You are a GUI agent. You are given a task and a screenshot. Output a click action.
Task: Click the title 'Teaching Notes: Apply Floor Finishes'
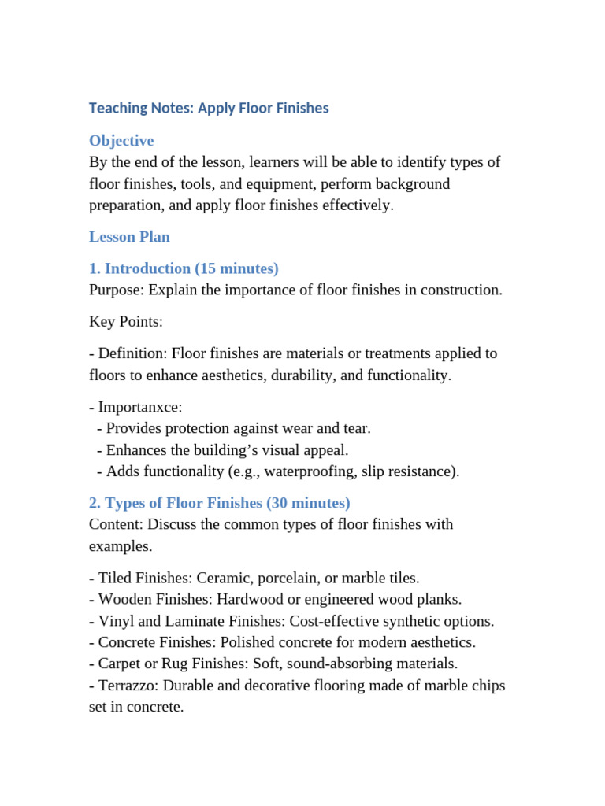(209, 108)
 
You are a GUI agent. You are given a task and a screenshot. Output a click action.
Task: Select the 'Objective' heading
(121, 141)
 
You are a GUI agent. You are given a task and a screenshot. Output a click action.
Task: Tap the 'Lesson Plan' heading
(129, 237)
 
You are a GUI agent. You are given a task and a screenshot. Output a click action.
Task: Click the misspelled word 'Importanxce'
(140, 408)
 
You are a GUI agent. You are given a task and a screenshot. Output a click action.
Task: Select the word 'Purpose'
(114, 290)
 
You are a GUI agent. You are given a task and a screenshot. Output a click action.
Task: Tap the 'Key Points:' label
(126, 322)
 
